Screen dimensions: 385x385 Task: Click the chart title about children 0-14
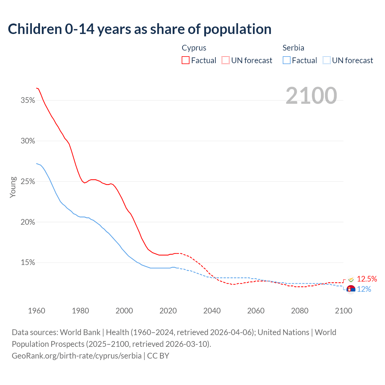140,29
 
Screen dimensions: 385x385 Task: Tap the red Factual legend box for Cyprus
185,60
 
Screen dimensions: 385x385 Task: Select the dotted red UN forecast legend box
226,60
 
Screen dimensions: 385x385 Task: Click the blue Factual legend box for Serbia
287,60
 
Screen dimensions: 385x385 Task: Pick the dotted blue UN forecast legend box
326,60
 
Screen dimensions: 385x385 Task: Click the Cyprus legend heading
194,48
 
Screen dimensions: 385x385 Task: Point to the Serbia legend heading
293,48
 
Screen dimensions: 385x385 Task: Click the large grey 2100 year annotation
311,96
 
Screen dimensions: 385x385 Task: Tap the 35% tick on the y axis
28,100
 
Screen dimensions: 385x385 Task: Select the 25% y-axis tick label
28,182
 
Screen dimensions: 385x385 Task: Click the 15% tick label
28,263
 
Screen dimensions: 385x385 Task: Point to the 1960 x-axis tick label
36,311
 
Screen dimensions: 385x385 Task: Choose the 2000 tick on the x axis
124,311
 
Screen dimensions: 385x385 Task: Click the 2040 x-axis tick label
212,311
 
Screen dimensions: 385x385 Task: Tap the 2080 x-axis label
300,311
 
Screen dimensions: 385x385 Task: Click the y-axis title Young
13,187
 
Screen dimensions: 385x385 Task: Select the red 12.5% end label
367,279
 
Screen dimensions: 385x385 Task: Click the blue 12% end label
364,289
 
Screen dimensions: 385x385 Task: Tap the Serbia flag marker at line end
351,289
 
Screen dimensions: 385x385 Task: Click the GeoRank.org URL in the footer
77,356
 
